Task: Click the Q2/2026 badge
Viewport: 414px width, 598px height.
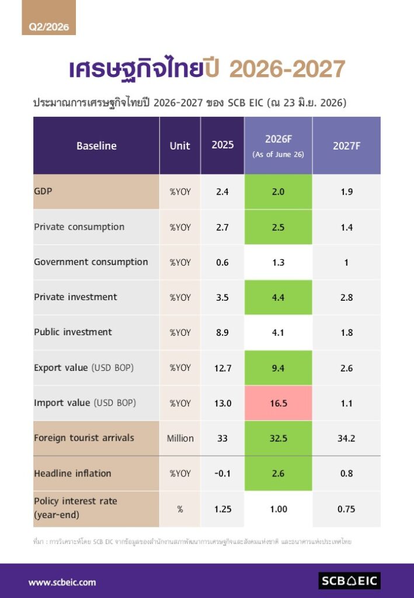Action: coord(49,18)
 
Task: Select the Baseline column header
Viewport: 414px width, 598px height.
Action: coord(96,145)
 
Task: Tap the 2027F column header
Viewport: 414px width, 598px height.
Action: coord(346,145)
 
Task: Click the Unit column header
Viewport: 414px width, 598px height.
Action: coord(180,145)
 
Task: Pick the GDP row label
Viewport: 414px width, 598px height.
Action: coord(43,191)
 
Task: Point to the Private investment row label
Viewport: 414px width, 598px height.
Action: coord(75,297)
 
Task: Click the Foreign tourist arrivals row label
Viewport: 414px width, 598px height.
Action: coord(84,438)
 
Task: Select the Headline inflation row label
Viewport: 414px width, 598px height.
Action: coord(72,473)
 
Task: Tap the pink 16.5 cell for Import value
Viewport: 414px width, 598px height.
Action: coord(279,403)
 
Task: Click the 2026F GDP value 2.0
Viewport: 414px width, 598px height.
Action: coord(279,192)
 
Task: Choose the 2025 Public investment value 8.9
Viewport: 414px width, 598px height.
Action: coord(222,332)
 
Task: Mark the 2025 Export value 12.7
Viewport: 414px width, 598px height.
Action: coord(222,368)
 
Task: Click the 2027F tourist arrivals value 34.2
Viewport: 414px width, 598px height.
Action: coord(346,438)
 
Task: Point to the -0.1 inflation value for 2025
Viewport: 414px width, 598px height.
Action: coord(222,473)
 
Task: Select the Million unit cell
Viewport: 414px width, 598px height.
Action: coord(180,438)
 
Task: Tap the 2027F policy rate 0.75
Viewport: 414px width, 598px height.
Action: coord(346,509)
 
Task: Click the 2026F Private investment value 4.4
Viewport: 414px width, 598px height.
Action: coord(279,297)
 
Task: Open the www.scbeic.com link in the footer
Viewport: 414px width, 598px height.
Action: coord(62,582)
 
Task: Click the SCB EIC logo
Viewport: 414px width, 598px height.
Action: coord(349,581)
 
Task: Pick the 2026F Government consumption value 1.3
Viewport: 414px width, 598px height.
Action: coord(279,262)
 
